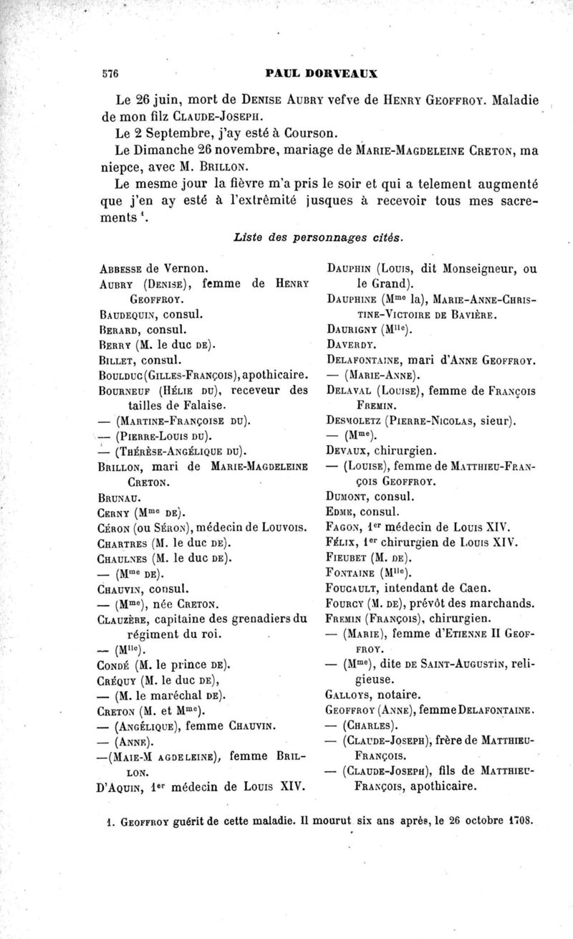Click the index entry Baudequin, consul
click(146, 313)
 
